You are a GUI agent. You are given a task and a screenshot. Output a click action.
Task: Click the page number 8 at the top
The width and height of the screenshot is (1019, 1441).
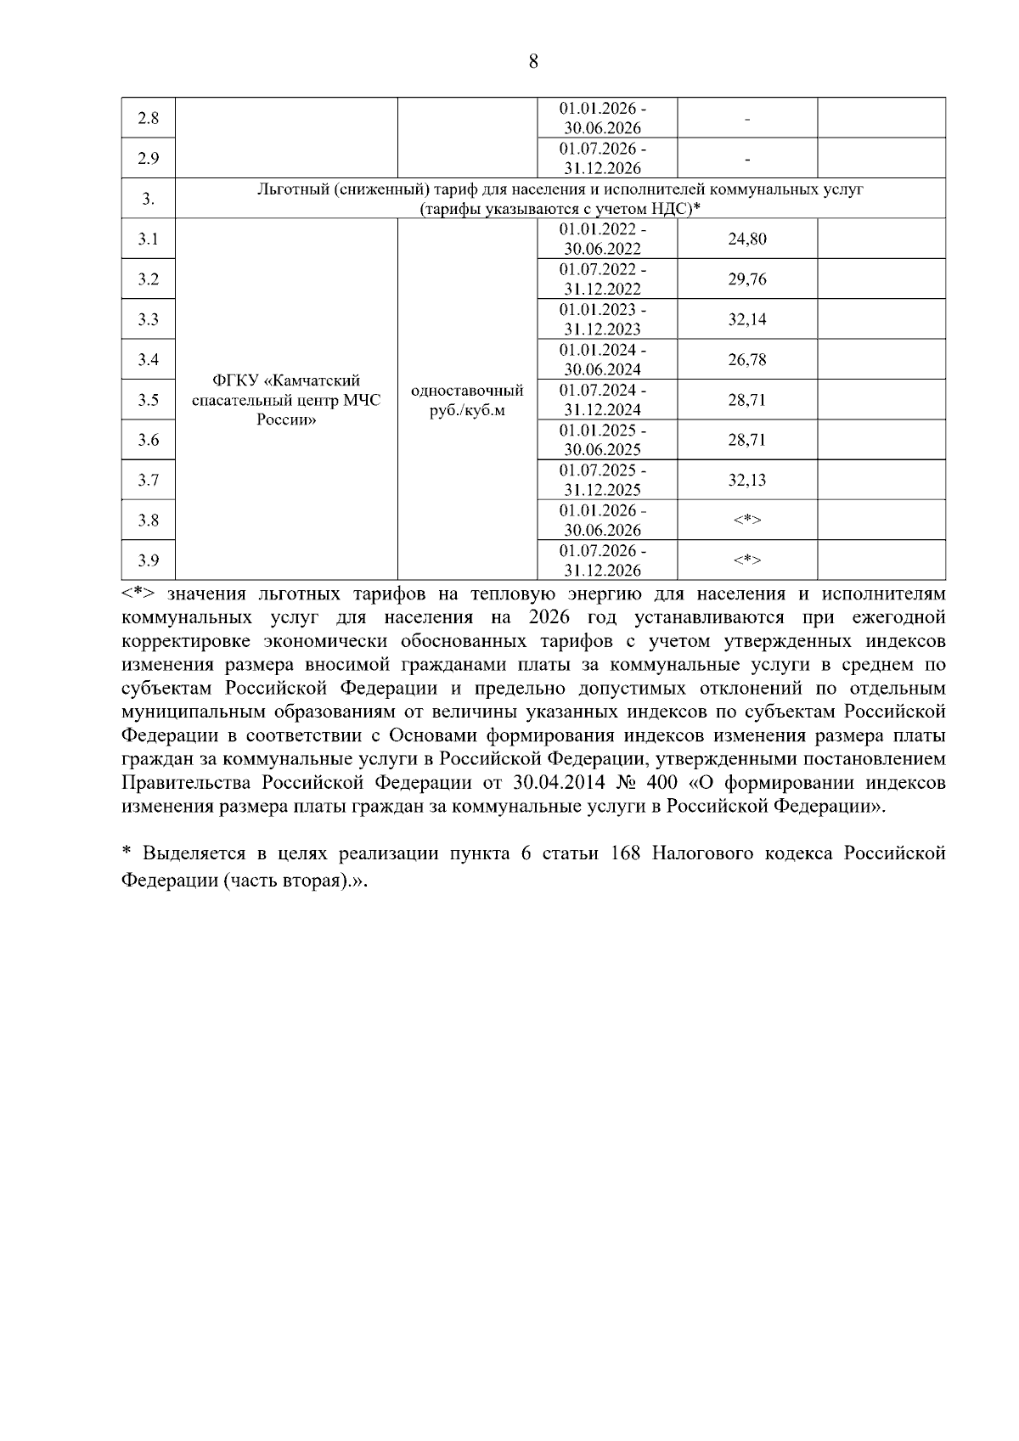tap(533, 61)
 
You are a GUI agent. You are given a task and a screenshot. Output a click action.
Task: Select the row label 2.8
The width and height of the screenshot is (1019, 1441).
tap(149, 118)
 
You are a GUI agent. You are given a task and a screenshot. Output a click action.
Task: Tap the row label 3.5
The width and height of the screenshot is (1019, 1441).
tap(149, 400)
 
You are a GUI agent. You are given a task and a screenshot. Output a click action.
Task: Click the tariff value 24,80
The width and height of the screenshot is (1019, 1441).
tap(747, 239)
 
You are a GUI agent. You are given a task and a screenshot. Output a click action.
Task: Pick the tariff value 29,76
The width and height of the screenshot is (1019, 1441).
tap(747, 279)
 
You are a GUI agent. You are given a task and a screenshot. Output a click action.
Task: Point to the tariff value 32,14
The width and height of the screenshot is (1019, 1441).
tap(747, 319)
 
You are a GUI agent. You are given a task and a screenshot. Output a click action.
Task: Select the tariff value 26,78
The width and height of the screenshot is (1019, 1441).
tap(747, 360)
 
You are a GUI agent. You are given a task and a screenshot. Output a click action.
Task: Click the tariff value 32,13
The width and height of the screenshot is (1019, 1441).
tap(747, 481)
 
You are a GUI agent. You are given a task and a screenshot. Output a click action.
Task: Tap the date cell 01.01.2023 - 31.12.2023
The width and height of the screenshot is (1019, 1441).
tap(603, 319)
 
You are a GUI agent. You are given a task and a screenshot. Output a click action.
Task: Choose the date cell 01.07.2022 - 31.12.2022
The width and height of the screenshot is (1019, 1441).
tap(603, 279)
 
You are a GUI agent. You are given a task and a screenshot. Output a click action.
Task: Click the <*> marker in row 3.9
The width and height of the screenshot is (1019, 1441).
tap(747, 560)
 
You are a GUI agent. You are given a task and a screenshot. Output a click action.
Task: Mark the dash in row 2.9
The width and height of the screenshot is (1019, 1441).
tap(747, 159)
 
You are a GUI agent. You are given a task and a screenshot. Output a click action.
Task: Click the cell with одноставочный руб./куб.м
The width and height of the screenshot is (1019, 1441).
tap(467, 400)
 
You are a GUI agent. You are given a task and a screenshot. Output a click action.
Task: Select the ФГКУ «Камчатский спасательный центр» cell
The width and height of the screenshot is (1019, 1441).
tap(286, 400)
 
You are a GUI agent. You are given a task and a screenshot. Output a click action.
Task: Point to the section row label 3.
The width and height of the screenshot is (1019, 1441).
tap(149, 199)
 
